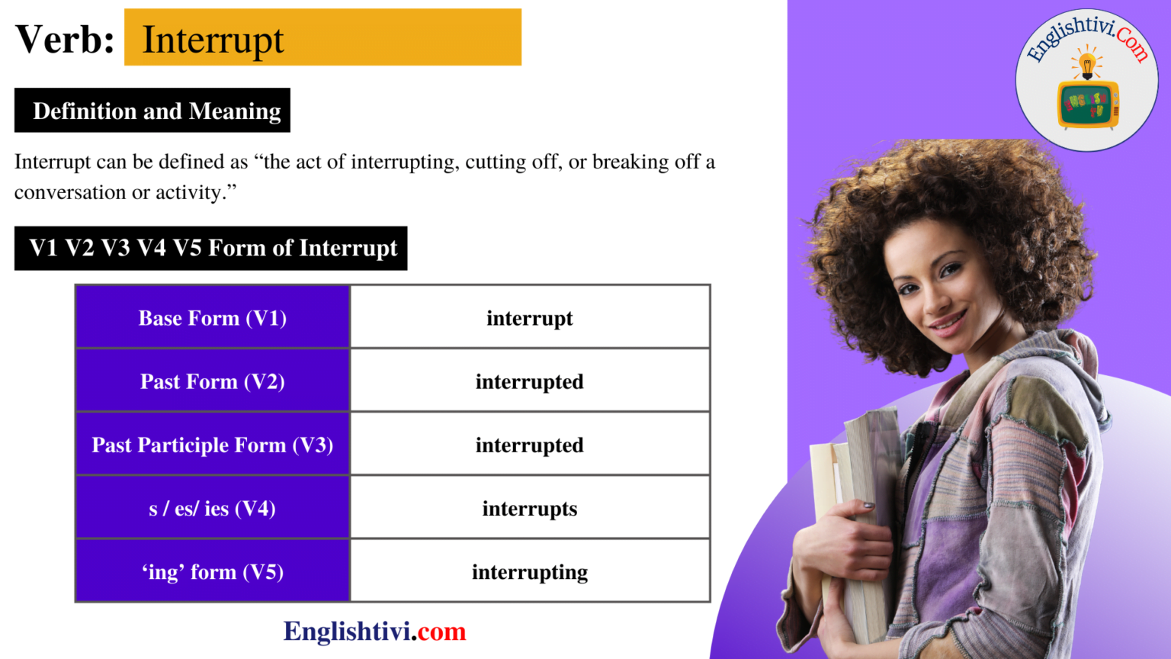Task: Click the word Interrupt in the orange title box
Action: (x=213, y=40)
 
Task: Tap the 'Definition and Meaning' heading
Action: (x=156, y=111)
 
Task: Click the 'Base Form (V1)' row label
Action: (x=213, y=318)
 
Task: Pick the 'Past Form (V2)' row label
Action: (x=213, y=381)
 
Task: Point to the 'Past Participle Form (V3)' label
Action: (x=213, y=445)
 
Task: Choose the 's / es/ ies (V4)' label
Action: (x=213, y=509)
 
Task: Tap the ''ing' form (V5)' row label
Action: (x=213, y=572)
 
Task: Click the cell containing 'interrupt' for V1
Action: (x=530, y=318)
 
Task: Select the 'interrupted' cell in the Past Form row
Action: (x=530, y=381)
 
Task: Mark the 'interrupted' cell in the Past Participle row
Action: (x=530, y=445)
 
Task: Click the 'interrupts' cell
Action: (x=530, y=509)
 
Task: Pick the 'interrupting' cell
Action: (x=530, y=572)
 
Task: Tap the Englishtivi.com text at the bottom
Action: (x=374, y=632)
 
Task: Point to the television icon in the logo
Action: (x=1088, y=104)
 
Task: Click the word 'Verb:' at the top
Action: (x=65, y=40)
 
